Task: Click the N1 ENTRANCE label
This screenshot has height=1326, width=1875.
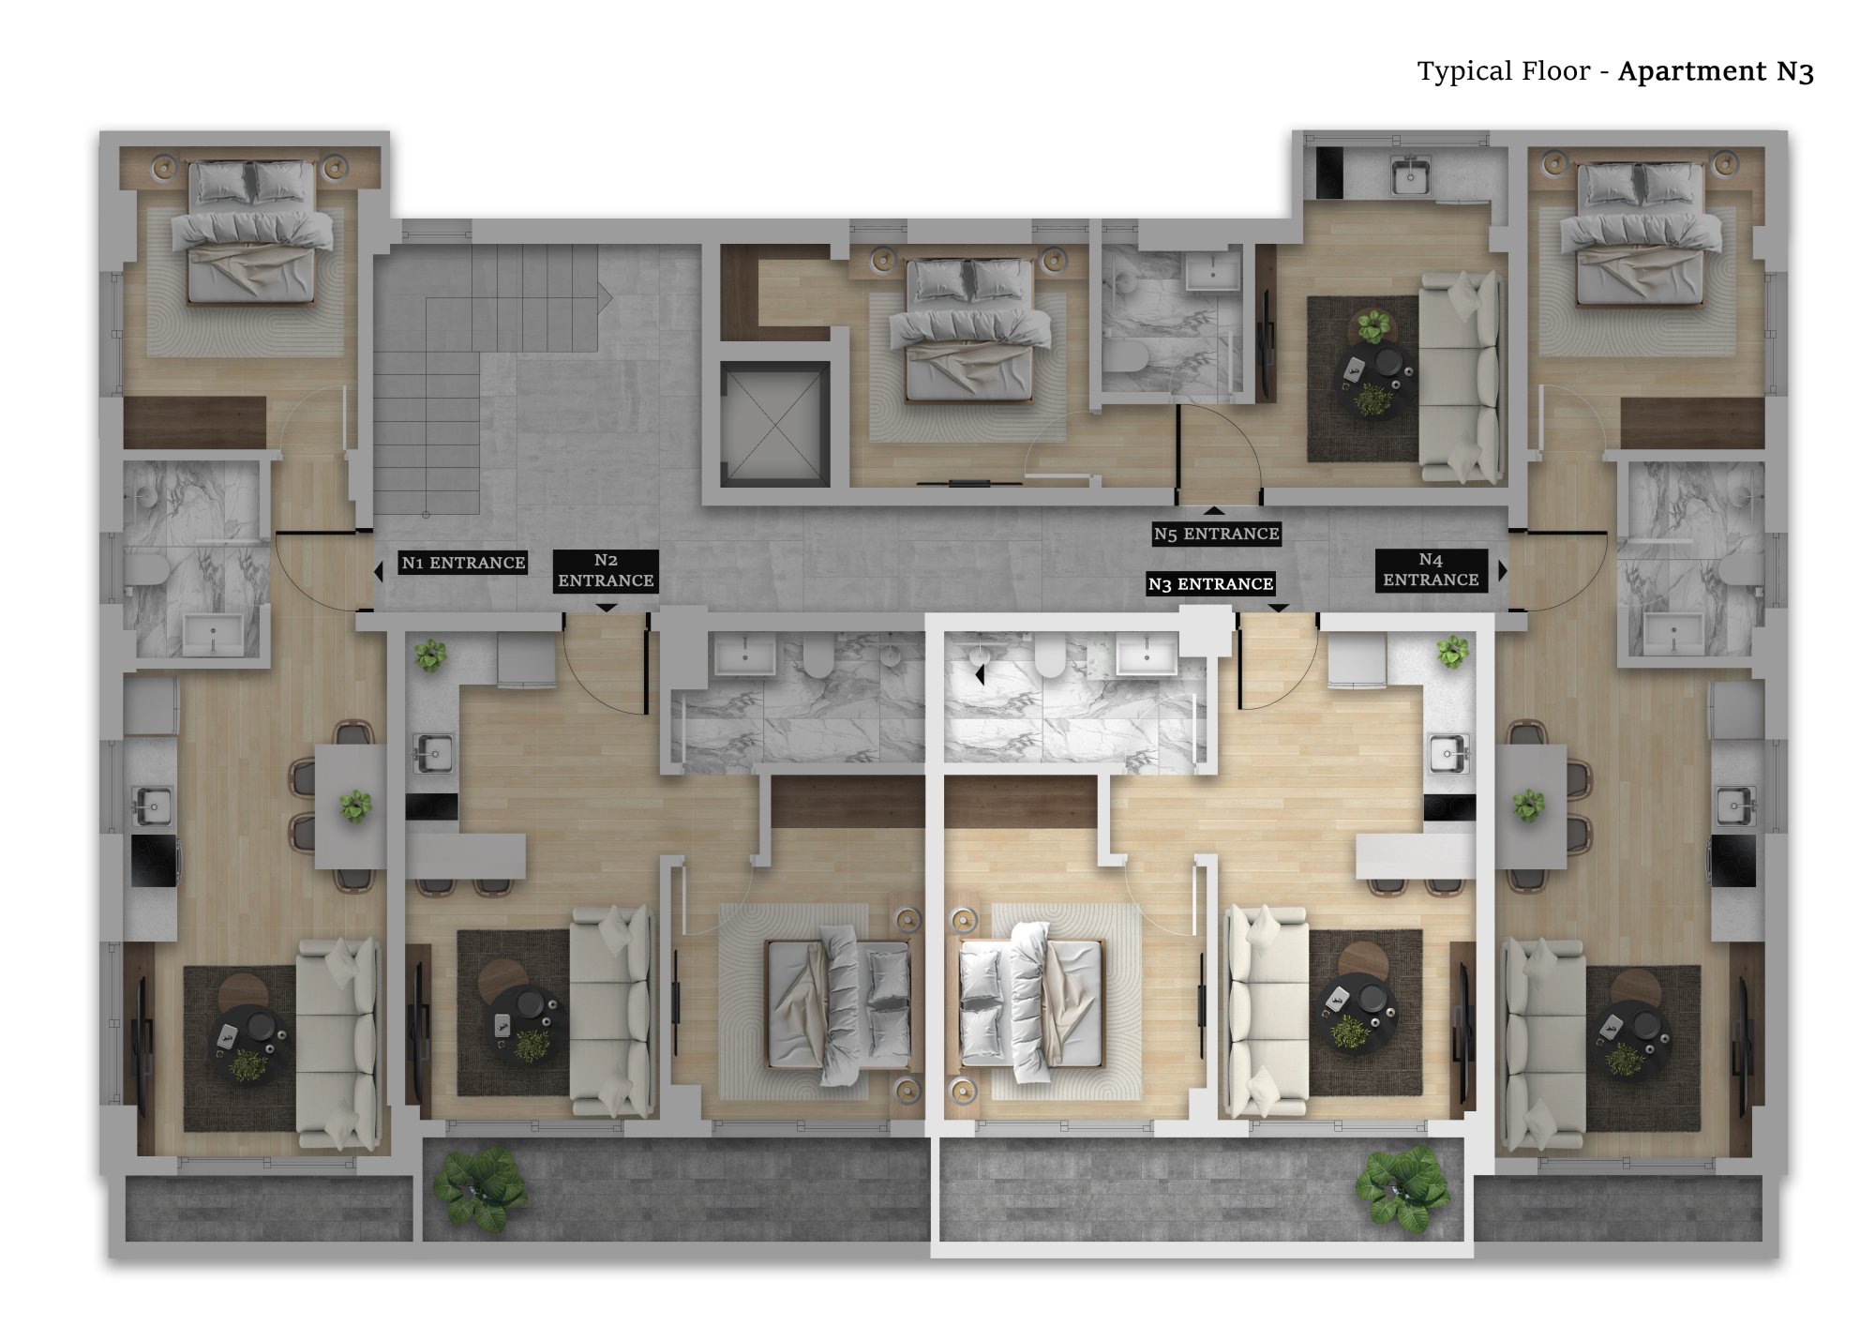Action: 463,562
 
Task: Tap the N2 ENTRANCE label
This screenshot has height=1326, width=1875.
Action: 606,570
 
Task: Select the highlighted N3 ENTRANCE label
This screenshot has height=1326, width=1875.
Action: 1210,583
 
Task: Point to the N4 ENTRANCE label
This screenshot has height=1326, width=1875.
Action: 1431,570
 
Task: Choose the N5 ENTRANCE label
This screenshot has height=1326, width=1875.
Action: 1216,534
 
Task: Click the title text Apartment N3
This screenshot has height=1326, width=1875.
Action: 1716,71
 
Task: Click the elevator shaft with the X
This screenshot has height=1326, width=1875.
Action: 775,424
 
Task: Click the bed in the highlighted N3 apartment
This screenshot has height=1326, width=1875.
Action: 1031,1002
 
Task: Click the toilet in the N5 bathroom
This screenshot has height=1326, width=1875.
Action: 1126,355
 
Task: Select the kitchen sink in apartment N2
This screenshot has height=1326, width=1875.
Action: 433,752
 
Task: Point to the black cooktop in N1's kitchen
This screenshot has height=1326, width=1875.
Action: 153,860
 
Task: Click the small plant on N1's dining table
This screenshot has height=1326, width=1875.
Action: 355,805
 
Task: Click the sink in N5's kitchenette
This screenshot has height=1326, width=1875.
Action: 1410,176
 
